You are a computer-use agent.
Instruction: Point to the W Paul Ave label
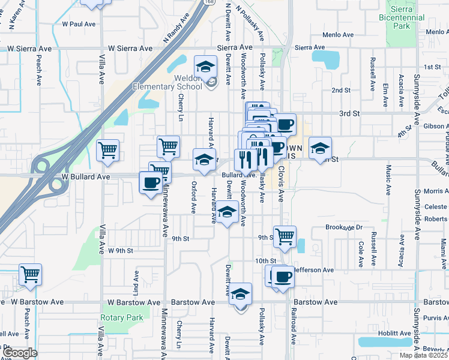point(79,24)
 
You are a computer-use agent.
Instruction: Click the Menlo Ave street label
point(340,34)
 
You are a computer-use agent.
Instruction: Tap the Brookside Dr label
point(344,227)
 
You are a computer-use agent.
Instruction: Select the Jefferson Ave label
point(313,270)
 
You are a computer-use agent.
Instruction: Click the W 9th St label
point(120,250)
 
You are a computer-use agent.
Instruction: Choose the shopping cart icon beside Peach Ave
point(30,275)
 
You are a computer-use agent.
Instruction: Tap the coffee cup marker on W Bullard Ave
point(149,182)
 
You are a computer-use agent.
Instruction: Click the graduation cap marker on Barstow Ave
point(241,294)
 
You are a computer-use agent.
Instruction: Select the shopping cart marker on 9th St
point(285,236)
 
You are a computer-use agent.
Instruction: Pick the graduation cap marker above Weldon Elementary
point(205,66)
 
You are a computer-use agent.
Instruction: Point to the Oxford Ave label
point(194,197)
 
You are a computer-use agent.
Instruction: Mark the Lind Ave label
point(136,282)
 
